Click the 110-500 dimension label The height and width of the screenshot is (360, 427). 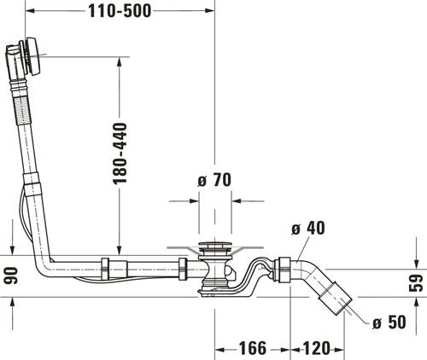point(120,11)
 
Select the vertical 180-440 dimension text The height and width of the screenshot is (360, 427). point(120,154)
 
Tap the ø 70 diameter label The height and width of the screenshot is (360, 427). point(214,180)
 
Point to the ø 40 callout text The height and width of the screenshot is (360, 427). point(308,228)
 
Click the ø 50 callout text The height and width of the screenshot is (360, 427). point(389,322)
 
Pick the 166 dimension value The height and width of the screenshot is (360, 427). point(253,348)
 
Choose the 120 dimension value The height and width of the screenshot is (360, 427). point(316,348)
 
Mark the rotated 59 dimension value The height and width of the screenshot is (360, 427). point(416,283)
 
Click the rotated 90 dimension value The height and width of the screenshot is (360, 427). point(12,276)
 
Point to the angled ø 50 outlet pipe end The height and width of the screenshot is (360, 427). point(336,298)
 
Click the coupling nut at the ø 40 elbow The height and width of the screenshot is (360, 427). point(284,270)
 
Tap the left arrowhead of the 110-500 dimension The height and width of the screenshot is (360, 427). point(30,11)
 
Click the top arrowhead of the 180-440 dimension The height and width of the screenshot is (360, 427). point(120,61)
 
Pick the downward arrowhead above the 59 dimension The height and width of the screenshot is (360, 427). point(416,264)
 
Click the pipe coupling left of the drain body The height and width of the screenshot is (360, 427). point(183,269)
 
